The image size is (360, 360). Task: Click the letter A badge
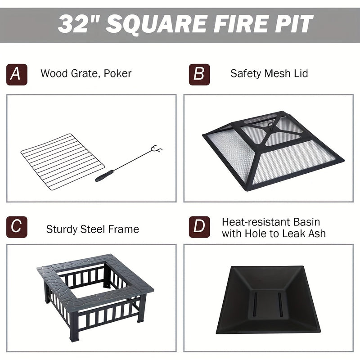[17, 74]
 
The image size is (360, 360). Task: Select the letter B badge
[199, 74]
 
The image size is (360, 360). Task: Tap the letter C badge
[17, 227]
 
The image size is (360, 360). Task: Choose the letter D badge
[199, 227]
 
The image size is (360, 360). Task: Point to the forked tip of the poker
[157, 149]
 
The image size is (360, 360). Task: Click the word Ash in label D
[316, 233]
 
